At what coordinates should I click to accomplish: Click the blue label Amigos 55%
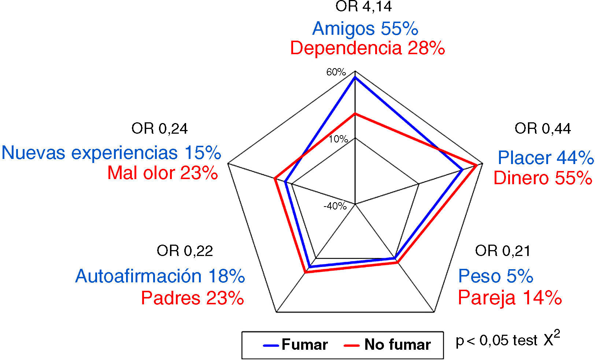pyautogui.click(x=365, y=29)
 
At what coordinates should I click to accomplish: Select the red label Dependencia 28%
pyautogui.click(x=367, y=48)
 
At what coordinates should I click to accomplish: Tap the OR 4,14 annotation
pyautogui.click(x=363, y=7)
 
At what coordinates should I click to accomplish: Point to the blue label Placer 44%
pyautogui.click(x=545, y=158)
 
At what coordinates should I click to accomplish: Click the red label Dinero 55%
pyautogui.click(x=543, y=178)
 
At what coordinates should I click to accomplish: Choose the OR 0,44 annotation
pyautogui.click(x=542, y=129)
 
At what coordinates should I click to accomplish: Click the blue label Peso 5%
pyautogui.click(x=495, y=276)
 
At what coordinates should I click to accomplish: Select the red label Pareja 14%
pyautogui.click(x=510, y=297)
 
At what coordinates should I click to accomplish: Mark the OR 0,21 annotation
pyautogui.click(x=502, y=251)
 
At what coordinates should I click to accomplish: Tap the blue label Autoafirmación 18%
pyautogui.click(x=160, y=276)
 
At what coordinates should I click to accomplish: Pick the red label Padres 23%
pyautogui.click(x=192, y=298)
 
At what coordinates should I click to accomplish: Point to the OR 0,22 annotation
pyautogui.click(x=185, y=251)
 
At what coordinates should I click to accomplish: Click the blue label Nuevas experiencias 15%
pyautogui.click(x=111, y=153)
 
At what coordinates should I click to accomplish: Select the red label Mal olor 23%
pyautogui.click(x=163, y=173)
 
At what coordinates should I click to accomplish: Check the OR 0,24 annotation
pyautogui.click(x=159, y=129)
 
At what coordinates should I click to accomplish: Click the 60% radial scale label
pyautogui.click(x=336, y=72)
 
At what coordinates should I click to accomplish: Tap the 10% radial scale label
pyautogui.click(x=338, y=139)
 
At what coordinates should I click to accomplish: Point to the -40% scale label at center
pyautogui.click(x=335, y=206)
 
